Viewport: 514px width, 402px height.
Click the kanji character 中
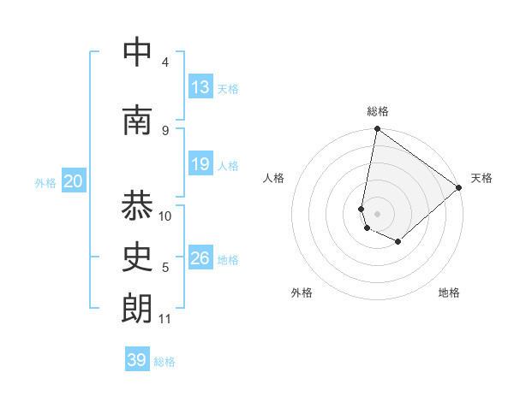pyautogui.click(x=138, y=53)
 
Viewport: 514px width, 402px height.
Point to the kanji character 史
pyautogui.click(x=138, y=257)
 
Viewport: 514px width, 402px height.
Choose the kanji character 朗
pyautogui.click(x=138, y=309)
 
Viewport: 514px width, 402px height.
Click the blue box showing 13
pyautogui.click(x=200, y=87)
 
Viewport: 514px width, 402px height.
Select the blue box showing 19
pyautogui.click(x=200, y=164)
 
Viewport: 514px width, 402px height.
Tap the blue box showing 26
pyautogui.click(x=200, y=258)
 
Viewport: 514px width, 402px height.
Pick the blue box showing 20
pyautogui.click(x=74, y=181)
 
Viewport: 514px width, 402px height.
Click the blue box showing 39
pyautogui.click(x=137, y=360)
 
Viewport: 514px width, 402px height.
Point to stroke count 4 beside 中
pyautogui.click(x=165, y=62)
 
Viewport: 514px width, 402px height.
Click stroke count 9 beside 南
pyautogui.click(x=165, y=130)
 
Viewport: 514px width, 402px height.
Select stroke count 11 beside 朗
pyautogui.click(x=165, y=319)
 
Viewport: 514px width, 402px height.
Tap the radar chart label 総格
pyautogui.click(x=378, y=111)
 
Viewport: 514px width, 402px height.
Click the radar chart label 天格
pyautogui.click(x=481, y=178)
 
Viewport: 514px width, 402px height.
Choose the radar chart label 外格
pyautogui.click(x=302, y=293)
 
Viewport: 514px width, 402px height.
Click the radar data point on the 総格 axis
pyautogui.click(x=377, y=130)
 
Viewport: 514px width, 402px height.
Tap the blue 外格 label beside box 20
pyautogui.click(x=45, y=182)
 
